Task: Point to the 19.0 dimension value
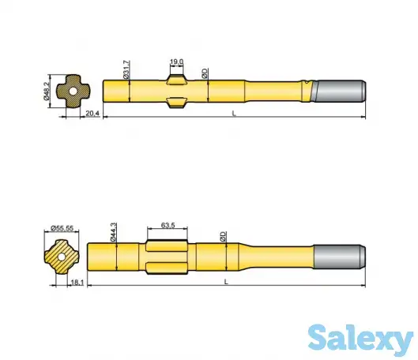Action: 176,61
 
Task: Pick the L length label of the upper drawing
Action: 234,114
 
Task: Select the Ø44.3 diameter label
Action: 115,231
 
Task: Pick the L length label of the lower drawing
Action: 226,281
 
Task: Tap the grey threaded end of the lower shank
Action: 338,255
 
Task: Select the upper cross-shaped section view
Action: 72,92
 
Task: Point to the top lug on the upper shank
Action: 176,77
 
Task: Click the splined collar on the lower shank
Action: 168,254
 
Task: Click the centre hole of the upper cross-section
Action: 72,92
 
